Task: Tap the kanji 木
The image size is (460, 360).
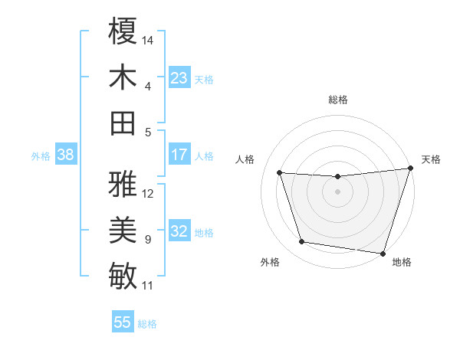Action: coord(123,77)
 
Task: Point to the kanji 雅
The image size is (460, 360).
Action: coord(123,184)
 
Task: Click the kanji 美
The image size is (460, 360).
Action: coord(123,230)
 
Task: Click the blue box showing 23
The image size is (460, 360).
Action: coord(179,78)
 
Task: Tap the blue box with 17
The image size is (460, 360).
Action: coord(179,155)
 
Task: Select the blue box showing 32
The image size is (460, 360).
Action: coord(179,231)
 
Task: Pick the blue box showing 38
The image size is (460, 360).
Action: coord(66,155)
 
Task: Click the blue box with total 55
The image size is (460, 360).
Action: coord(123,322)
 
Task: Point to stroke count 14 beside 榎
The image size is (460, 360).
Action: coord(149,40)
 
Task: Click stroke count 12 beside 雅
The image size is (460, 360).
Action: coord(149,193)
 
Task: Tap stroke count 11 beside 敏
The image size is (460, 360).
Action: coord(148,286)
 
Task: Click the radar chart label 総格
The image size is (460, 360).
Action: coord(338,100)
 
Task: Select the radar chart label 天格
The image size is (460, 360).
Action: coord(431,159)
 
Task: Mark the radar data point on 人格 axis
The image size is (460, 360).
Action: coord(280,173)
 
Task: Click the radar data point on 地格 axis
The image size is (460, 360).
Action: coord(383,253)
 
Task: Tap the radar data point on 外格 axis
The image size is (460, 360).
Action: coord(302,242)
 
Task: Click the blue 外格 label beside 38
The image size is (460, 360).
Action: coord(41,155)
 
